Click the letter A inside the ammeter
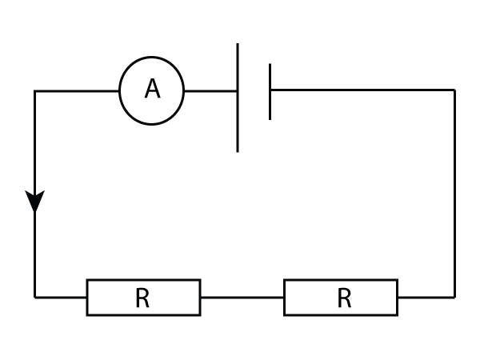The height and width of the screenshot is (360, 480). coord(152,90)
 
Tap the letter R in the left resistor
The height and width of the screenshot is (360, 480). coord(142,298)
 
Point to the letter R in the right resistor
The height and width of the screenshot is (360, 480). coord(344,298)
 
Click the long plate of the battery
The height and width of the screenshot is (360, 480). coord(238,120)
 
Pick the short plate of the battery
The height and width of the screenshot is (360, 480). coord(270,104)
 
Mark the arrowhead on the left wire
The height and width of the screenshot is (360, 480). coord(34,202)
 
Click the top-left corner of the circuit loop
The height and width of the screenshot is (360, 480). coord(35,91)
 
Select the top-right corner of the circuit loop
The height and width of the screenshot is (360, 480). coord(454,90)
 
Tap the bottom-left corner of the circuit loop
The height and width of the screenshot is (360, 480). coord(35,297)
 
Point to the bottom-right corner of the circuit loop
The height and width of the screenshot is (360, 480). coord(454,297)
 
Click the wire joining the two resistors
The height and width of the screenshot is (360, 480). coord(242,297)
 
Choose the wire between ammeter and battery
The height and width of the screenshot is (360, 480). coord(210,91)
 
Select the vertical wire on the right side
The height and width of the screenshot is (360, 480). coord(454,192)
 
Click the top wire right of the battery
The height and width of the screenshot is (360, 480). coord(360,90)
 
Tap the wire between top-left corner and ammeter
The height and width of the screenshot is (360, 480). coord(78,91)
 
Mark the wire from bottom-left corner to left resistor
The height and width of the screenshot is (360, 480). coord(62,297)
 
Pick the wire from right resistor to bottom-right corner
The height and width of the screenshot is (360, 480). coord(426,297)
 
